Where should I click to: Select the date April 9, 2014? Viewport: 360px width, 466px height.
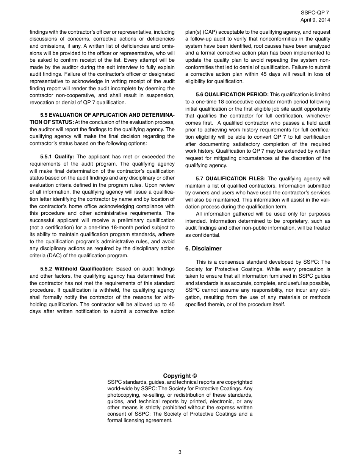[x=315, y=19]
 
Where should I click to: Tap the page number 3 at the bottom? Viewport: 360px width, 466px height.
[x=180, y=452]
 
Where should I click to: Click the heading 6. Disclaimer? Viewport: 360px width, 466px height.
[x=203, y=249]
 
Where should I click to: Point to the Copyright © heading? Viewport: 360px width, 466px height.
[x=180, y=376]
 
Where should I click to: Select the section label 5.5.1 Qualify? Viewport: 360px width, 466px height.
[x=57, y=156]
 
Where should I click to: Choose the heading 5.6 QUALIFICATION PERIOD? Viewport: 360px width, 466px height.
[x=232, y=94]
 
